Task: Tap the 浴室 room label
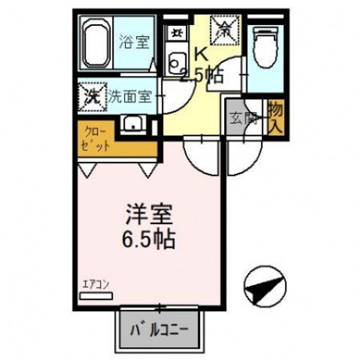pos(133,42)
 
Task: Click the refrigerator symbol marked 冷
pos(225,29)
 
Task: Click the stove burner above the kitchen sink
pos(175,33)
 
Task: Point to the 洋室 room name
pos(148,216)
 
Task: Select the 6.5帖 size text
pos(148,240)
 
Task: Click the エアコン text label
pos(96,285)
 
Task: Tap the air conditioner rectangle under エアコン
pos(96,296)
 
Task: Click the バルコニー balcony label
pos(159,330)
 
